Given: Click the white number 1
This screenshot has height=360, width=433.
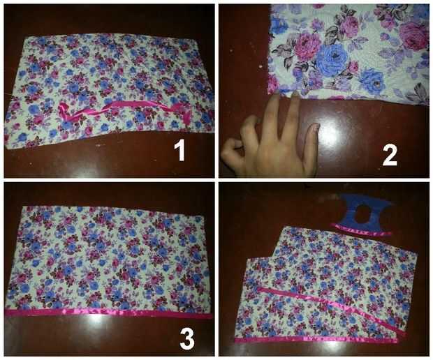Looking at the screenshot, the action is (x=179, y=150).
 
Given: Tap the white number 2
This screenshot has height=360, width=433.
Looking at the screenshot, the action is (x=390, y=156).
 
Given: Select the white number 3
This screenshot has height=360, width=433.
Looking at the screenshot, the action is (x=187, y=339).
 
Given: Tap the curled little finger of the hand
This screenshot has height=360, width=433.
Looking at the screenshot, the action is (x=232, y=149).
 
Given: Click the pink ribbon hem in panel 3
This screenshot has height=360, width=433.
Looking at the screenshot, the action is (x=108, y=313).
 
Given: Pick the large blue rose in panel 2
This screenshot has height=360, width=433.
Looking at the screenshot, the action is (x=331, y=60).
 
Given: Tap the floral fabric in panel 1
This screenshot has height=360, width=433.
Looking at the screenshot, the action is (x=109, y=89).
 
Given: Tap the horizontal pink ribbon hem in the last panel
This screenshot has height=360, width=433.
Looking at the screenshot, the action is (x=316, y=340).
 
